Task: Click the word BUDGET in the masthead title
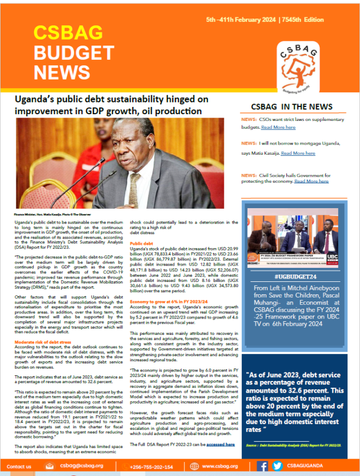74,53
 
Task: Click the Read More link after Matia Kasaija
298,153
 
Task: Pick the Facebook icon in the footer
263,466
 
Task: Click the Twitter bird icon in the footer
277,466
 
